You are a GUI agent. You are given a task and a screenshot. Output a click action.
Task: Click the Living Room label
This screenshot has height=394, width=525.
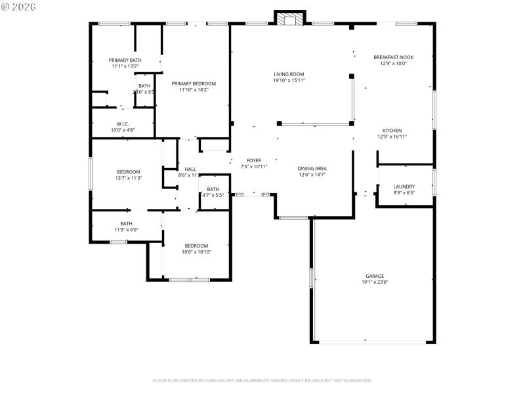pyautogui.click(x=289, y=74)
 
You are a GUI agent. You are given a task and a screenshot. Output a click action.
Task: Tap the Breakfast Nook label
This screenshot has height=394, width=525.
pyautogui.click(x=393, y=57)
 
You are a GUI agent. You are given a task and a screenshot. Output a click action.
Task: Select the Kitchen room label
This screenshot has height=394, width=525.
pyautogui.click(x=389, y=131)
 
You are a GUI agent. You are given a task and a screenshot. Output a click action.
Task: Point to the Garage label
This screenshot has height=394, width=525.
pyautogui.click(x=375, y=276)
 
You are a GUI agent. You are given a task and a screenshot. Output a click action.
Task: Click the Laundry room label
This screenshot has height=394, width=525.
pyautogui.click(x=404, y=186)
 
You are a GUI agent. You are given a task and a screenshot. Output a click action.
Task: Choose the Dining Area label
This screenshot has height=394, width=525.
pyautogui.click(x=312, y=169)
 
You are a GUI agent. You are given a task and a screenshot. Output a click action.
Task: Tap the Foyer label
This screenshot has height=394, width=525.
pyautogui.click(x=254, y=160)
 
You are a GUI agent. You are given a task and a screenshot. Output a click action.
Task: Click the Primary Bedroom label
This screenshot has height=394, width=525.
pyautogui.click(x=194, y=83)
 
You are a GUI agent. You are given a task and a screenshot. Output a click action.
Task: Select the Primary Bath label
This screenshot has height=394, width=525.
pyautogui.click(x=125, y=60)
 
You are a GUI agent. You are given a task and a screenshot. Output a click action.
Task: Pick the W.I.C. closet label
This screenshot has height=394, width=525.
pyautogui.click(x=123, y=123)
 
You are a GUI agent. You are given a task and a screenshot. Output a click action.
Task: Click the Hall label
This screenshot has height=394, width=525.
pyautogui.click(x=190, y=169)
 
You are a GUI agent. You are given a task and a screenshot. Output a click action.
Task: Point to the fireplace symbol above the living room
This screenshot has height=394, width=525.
pyautogui.click(x=289, y=20)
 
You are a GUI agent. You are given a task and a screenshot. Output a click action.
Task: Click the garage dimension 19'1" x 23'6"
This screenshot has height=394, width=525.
pyautogui.click(x=375, y=282)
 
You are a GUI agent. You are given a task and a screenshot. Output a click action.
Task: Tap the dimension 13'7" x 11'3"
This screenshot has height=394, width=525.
pyautogui.click(x=129, y=178)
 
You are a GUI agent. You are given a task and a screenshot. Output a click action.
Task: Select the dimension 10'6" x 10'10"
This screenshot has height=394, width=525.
pyautogui.click(x=196, y=252)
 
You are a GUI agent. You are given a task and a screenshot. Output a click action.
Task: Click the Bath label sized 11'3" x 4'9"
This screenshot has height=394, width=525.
pyautogui.click(x=126, y=223)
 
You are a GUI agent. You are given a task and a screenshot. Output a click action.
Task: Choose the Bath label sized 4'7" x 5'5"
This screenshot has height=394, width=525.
pyautogui.click(x=213, y=189)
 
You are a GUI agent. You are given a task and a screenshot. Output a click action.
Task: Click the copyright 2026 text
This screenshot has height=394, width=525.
pyautogui.click(x=19, y=6)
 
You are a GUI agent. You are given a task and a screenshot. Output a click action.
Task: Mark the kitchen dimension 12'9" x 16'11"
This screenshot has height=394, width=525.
pyautogui.click(x=389, y=137)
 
